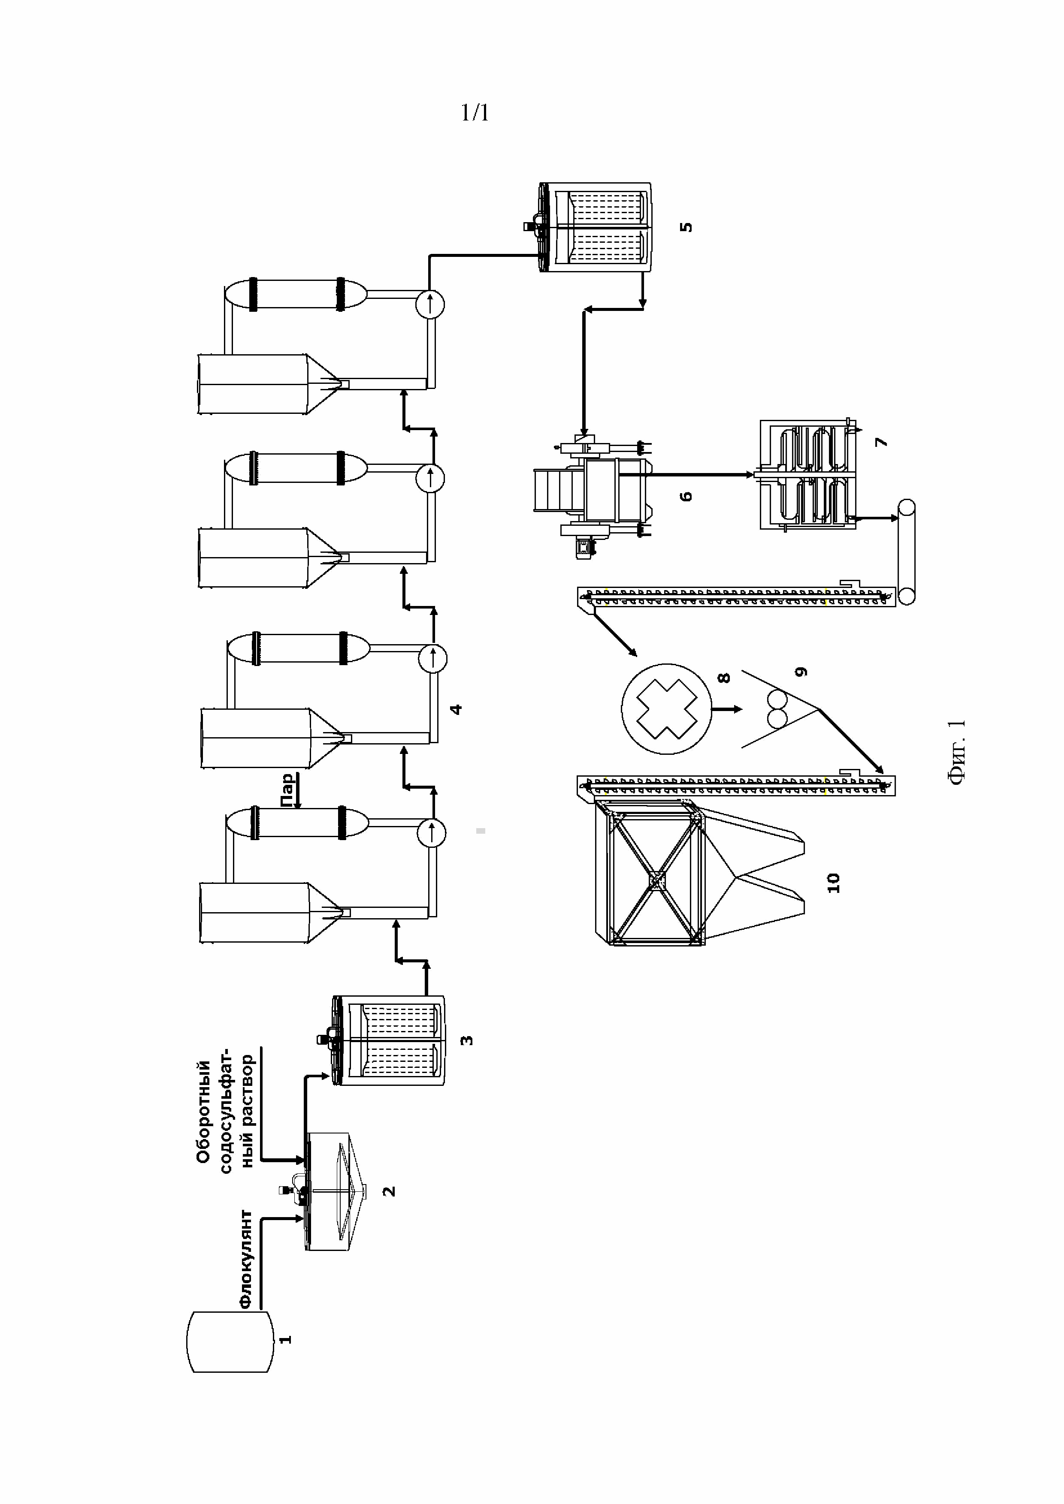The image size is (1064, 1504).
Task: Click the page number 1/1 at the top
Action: [x=475, y=113]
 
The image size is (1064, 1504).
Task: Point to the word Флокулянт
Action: [x=246, y=1259]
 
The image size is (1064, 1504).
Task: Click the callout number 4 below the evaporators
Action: [x=456, y=709]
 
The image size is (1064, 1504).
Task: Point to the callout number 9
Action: [x=801, y=672]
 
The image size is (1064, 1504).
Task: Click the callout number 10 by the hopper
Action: [x=833, y=882]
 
